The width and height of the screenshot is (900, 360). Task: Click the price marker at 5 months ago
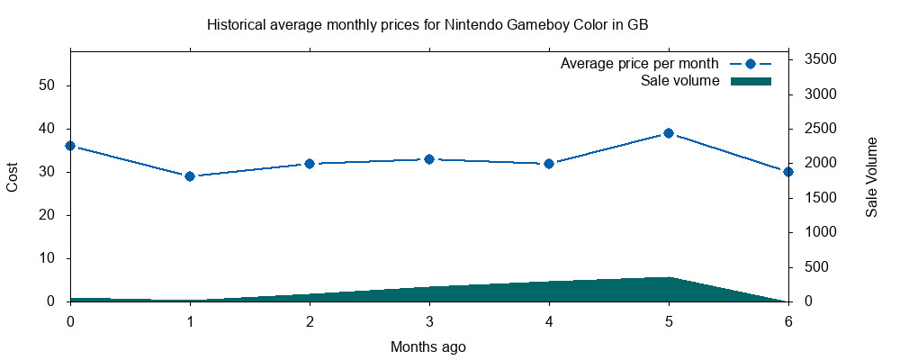point(669,133)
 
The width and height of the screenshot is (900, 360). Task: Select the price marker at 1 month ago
point(190,176)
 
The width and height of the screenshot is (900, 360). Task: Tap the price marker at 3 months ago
point(429,159)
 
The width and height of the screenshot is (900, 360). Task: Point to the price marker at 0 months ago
point(70,146)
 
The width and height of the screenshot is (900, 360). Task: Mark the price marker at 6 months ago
point(788,172)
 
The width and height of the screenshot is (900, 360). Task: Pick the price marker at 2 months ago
point(310,164)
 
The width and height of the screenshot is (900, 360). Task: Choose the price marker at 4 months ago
point(549,164)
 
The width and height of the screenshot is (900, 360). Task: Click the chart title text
point(427,25)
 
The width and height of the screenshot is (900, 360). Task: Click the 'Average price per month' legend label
point(639,64)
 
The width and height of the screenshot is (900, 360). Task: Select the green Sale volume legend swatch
point(751,81)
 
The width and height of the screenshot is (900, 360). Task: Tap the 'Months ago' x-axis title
point(428,346)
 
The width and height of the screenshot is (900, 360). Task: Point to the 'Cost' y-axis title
point(13,176)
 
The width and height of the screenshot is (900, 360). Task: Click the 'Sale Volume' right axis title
point(871,177)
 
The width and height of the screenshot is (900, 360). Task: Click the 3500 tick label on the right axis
point(820,59)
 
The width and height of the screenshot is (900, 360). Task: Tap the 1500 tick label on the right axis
point(820,198)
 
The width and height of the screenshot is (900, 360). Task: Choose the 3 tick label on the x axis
point(429,321)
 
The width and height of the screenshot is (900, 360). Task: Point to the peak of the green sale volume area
point(669,278)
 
